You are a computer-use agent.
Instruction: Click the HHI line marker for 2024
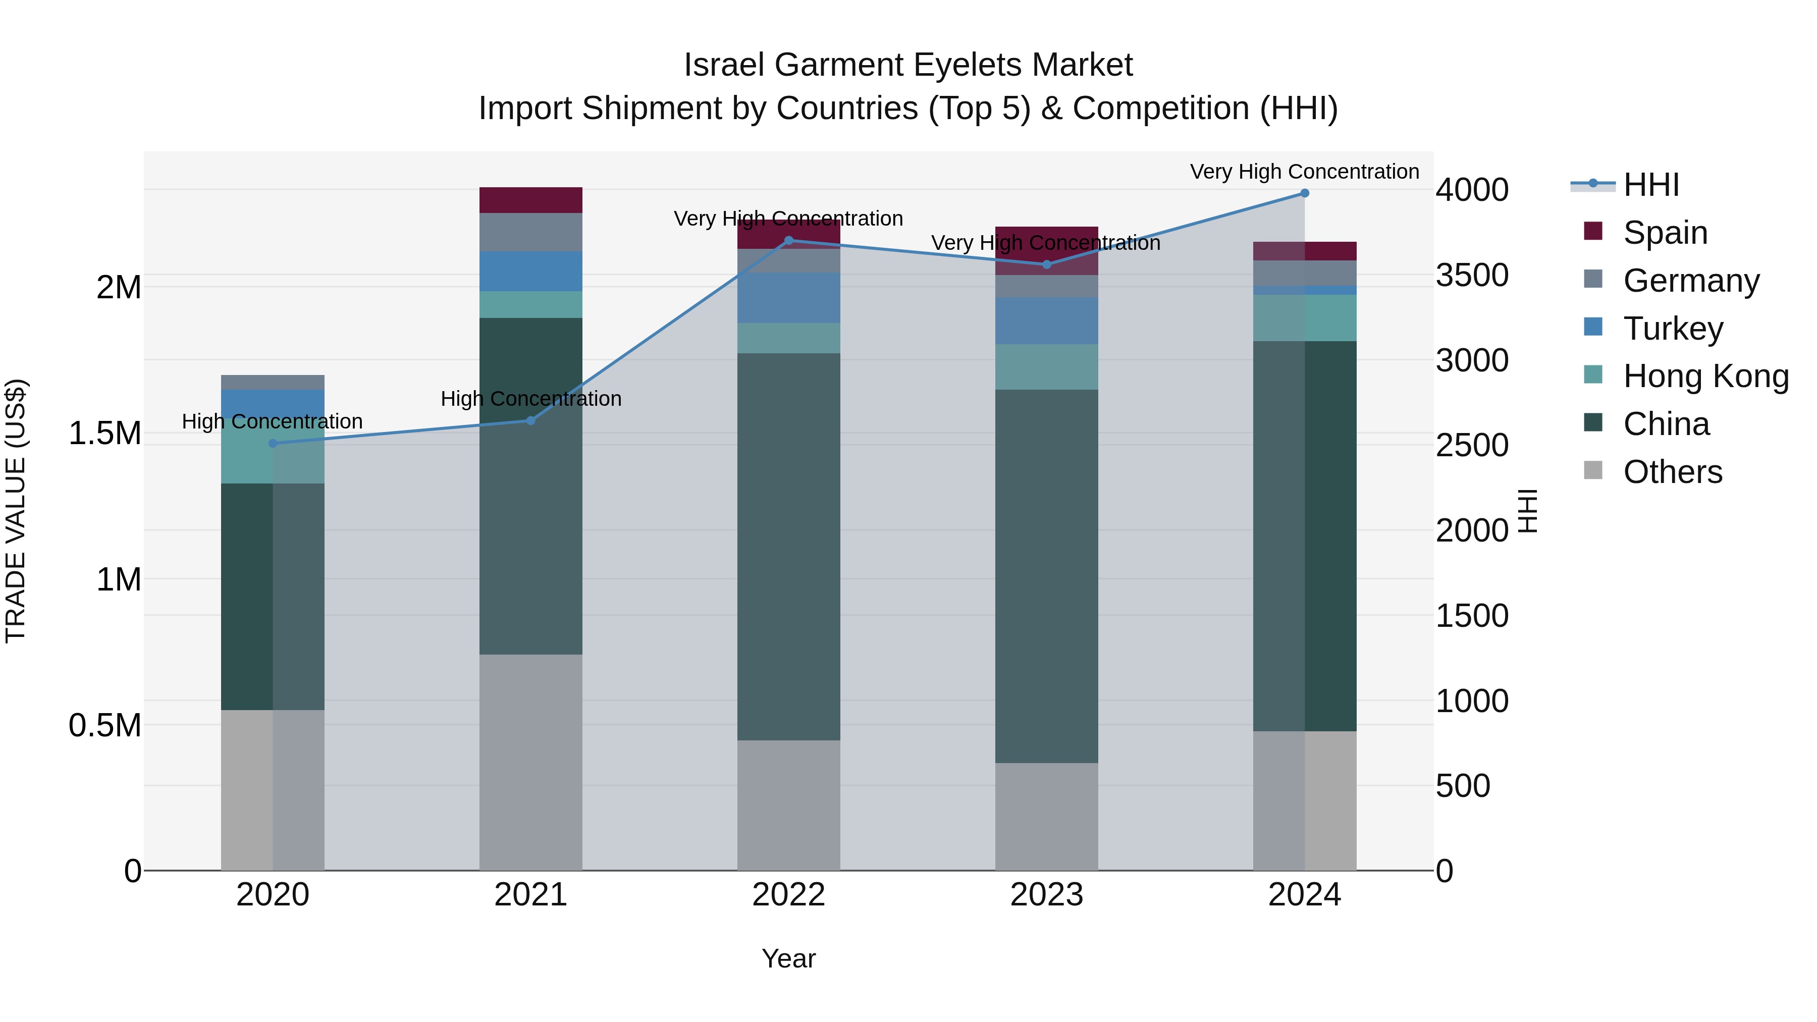coord(1304,193)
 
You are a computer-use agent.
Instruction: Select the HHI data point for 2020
coord(273,443)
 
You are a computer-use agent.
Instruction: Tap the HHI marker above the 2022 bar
coord(788,241)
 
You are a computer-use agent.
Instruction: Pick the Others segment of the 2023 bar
coord(1046,816)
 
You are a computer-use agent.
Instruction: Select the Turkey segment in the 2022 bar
coord(788,298)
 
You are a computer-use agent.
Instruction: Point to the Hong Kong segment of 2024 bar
coord(1304,317)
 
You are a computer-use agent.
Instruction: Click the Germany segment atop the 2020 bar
coord(273,382)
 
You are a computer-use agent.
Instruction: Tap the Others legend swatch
coord(1593,470)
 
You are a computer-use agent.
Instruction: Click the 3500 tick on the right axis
coord(1472,275)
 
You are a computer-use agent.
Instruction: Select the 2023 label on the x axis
coord(1046,895)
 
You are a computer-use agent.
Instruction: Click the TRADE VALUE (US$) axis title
coord(16,511)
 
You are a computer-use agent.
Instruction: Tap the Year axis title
coord(788,958)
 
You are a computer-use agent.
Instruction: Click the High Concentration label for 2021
coord(530,399)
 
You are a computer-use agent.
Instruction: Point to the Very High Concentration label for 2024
coord(1304,172)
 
